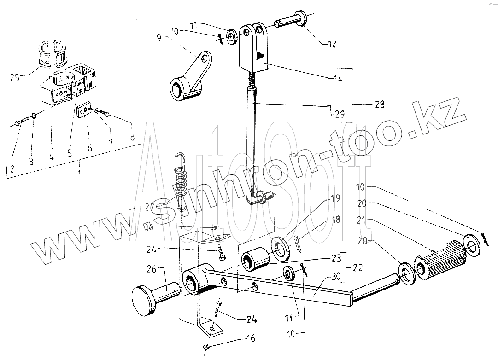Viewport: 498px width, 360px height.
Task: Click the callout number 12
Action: click(332, 45)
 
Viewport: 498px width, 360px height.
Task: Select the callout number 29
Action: click(340, 114)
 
